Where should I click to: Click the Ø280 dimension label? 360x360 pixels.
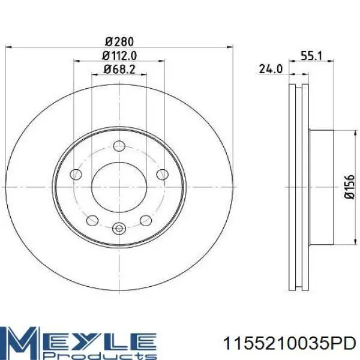(x=119, y=41)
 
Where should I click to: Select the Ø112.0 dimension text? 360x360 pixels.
(x=119, y=56)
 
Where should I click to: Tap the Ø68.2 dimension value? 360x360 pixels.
(x=119, y=69)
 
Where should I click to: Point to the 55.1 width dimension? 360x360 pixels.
(x=311, y=56)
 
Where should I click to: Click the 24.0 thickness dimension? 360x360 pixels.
(x=271, y=69)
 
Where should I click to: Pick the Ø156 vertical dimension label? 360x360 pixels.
(x=349, y=187)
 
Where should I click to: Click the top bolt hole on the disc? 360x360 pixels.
(x=119, y=146)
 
